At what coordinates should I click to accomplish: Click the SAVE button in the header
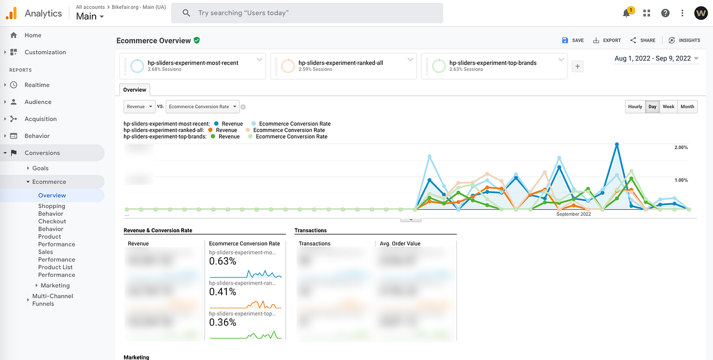pos(573,40)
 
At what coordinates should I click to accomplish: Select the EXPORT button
pos(607,40)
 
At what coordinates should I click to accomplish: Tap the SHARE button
pos(643,40)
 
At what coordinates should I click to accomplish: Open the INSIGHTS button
pos(684,40)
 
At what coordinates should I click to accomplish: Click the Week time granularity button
pos(668,106)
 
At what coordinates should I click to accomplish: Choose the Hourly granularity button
pos(635,106)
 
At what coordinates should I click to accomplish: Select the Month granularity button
pos(687,106)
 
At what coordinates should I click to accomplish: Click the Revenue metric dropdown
pos(140,106)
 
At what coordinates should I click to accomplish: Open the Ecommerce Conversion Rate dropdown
pos(202,106)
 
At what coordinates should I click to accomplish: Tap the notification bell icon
pos(627,13)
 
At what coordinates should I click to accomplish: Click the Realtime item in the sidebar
pos(37,85)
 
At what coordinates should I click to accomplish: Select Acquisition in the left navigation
pos(40,119)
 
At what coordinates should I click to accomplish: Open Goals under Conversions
pos(40,168)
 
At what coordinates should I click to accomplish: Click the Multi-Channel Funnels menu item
pos(52,299)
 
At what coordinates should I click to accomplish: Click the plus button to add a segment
pos(577,67)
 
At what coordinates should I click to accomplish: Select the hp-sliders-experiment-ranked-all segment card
pos(343,65)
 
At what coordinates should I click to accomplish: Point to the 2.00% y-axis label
pos(680,147)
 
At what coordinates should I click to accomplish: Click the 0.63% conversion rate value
pos(223,261)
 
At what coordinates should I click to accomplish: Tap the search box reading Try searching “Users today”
pos(307,12)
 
